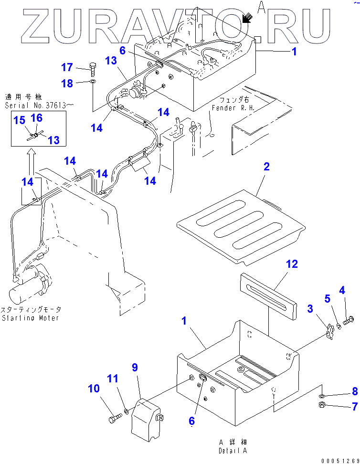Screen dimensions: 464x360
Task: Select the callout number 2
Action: tap(266, 167)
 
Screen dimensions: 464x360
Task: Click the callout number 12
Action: tap(292, 264)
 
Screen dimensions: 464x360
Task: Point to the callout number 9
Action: tap(135, 368)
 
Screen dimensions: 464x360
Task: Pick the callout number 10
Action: tap(94, 389)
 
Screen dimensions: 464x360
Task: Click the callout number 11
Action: tap(112, 379)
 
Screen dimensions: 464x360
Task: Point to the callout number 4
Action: tap(342, 290)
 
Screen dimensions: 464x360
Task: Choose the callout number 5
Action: tap(327, 299)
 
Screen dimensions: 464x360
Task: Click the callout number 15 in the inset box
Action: tap(19, 121)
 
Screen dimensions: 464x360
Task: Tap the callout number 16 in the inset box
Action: tap(37, 118)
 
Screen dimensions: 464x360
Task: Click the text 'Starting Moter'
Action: tap(30, 318)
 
